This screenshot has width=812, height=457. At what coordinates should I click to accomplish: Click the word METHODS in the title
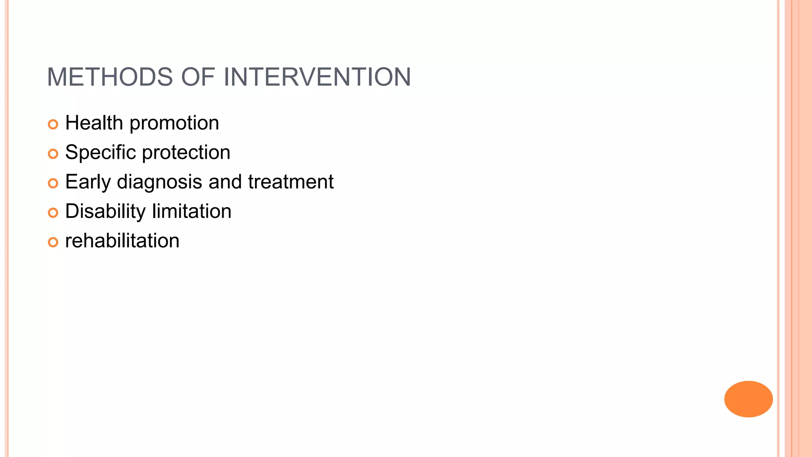(x=110, y=77)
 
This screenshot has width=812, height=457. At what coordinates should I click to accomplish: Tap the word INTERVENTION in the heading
(x=317, y=77)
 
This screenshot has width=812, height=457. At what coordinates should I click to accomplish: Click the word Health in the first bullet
(x=94, y=123)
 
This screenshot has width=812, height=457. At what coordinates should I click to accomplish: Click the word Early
(x=88, y=182)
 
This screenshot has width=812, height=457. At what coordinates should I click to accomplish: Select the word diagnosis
(x=159, y=182)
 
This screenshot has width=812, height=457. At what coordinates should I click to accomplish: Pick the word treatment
(x=291, y=182)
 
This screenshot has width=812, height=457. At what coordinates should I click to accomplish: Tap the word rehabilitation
(x=122, y=241)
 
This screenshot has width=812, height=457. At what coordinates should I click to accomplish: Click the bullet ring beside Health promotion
(x=53, y=124)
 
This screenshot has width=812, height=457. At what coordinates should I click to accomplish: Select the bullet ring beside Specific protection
(x=53, y=154)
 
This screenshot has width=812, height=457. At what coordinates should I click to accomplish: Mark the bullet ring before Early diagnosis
(x=53, y=183)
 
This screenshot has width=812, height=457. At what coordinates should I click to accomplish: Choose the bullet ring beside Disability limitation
(x=53, y=213)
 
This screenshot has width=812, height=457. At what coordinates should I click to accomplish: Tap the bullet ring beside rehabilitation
(x=53, y=242)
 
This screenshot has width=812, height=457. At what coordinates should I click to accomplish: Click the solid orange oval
(x=748, y=399)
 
